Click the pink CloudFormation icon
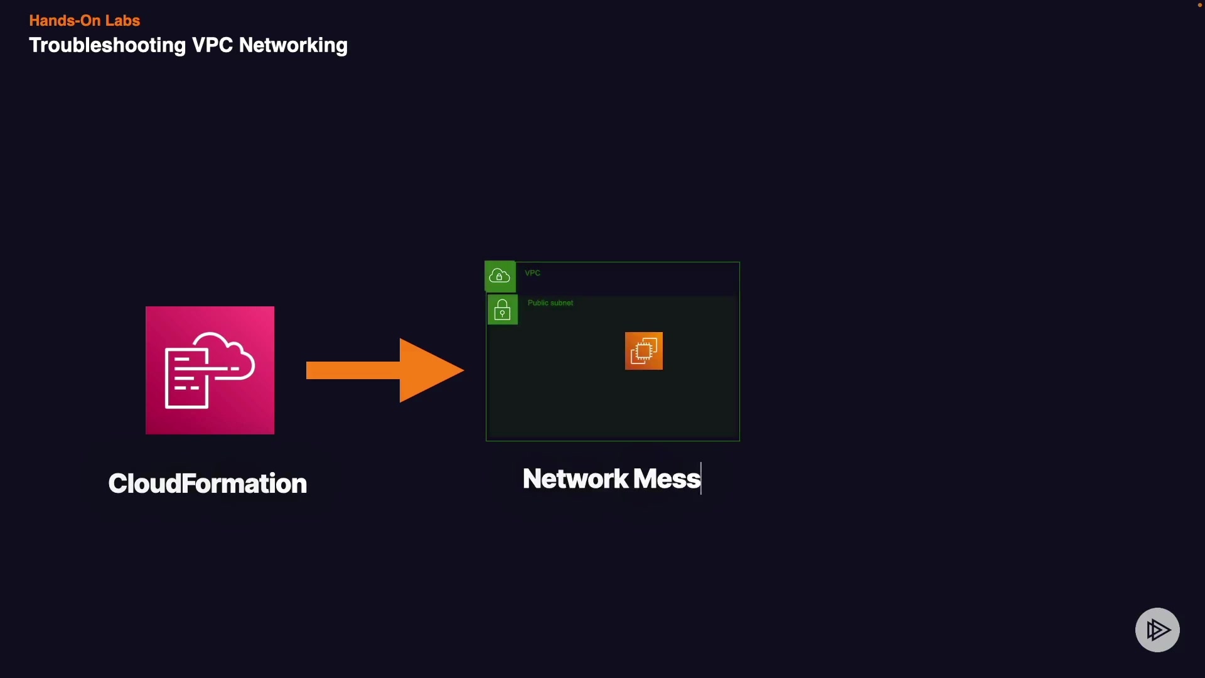tap(210, 370)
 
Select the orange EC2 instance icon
tap(643, 351)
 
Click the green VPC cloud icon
tap(500, 276)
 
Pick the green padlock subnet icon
tap(502, 310)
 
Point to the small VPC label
tap(532, 273)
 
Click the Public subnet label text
tap(550, 303)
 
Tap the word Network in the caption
tap(576, 479)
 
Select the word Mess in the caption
tap(666, 479)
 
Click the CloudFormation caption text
tap(207, 483)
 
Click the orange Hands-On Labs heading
tap(84, 21)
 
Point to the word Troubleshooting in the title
tap(107, 45)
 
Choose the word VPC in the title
tap(212, 45)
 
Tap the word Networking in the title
tap(293, 45)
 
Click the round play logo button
tap(1157, 630)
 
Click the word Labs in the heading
tap(122, 21)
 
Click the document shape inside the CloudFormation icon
tap(186, 379)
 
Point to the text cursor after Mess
tap(701, 479)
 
